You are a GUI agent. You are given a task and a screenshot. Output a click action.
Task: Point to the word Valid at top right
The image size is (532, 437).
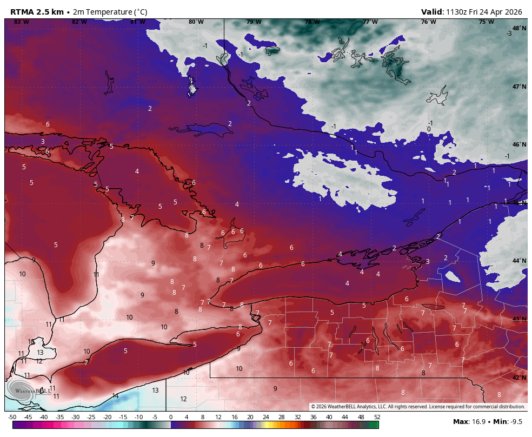pos(432,12)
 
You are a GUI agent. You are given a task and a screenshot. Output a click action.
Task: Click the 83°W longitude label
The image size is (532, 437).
pos(21,22)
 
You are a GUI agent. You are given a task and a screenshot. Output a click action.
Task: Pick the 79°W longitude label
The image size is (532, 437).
pos(254,22)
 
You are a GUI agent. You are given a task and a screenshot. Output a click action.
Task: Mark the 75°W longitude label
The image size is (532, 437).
pos(486,22)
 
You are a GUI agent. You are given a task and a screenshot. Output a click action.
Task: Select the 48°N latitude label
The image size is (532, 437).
pos(519,28)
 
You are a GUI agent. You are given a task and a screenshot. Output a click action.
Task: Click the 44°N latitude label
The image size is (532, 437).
pos(519,261)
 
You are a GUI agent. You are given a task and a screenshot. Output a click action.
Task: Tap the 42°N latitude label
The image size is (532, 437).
pos(519,378)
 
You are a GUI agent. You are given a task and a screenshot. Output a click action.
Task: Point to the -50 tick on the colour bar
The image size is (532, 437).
pos(12,417)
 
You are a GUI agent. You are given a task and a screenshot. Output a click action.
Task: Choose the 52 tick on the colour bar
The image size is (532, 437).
pos(376,417)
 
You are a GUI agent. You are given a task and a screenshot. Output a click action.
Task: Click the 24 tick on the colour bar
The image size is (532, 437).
pos(265,417)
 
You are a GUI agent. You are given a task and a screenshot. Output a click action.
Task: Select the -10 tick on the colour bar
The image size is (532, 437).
pos(138,417)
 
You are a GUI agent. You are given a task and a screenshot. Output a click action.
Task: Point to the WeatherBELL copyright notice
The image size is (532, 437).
pos(418,407)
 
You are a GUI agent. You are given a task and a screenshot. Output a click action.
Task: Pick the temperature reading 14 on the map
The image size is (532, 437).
pos(115,396)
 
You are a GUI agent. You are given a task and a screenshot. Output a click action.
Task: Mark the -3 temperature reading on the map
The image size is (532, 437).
pos(509,34)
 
